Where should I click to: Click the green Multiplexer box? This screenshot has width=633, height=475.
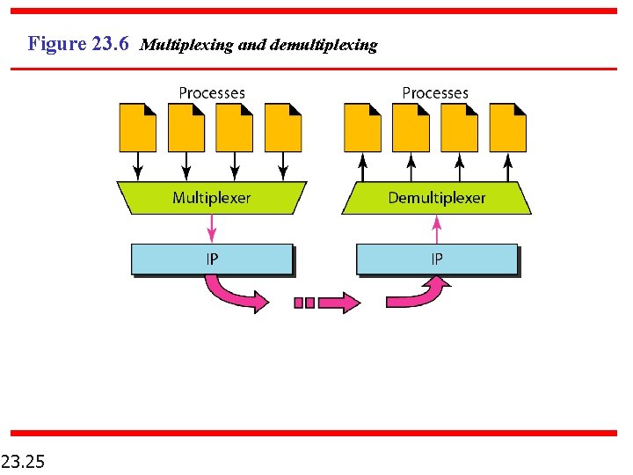coord(211,198)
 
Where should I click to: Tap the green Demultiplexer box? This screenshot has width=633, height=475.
coord(436,198)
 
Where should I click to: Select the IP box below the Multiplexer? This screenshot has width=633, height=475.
coord(211,259)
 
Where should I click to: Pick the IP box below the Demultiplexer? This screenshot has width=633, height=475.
coord(436,259)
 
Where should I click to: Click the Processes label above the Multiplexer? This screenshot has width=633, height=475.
coord(212,92)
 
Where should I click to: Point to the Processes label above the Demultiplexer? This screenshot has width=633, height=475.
coord(435,92)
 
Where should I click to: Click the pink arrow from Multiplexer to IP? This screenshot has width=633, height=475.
coord(211,229)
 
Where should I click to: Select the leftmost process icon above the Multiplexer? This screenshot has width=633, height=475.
coord(138,128)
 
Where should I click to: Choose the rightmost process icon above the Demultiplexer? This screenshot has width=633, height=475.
coord(507,128)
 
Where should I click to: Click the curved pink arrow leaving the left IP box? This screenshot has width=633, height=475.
coord(233,295)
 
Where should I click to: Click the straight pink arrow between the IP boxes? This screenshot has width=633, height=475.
coord(338,303)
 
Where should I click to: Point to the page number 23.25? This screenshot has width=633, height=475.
coord(25,460)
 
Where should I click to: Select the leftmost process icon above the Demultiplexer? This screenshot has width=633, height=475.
coord(362,128)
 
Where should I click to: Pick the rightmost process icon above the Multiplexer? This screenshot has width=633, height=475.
coord(283,128)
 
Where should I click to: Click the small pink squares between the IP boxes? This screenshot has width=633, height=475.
coord(304,303)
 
